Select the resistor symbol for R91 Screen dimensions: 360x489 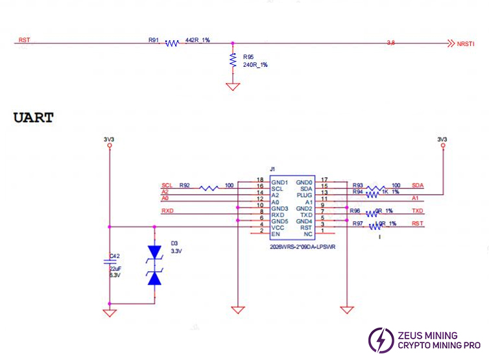172,43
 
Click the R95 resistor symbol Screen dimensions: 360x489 232,60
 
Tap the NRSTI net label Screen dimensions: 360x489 466,43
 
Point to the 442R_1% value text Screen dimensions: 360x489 197,40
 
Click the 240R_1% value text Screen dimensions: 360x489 255,65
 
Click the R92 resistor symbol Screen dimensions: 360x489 209,188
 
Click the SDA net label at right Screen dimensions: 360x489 417,186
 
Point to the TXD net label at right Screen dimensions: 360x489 417,211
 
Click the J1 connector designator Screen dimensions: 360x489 273,170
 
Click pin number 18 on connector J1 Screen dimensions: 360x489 260,180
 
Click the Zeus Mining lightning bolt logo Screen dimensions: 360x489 381,340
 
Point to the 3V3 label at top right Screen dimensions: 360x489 443,139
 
